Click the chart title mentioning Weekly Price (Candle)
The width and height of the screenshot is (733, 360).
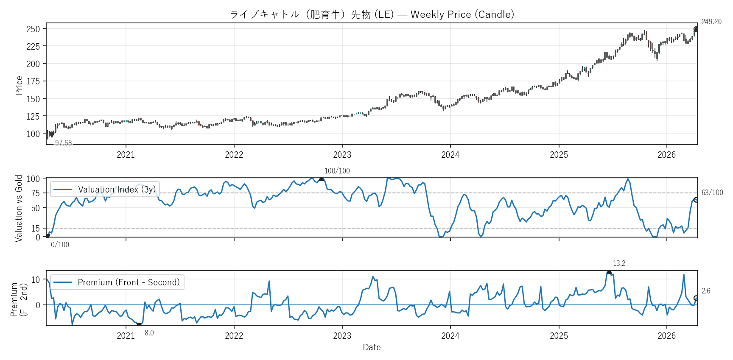point(372,14)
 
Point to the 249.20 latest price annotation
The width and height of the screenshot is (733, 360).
point(711,22)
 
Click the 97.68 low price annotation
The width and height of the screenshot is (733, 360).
point(63,143)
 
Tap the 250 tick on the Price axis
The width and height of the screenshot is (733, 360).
point(33,29)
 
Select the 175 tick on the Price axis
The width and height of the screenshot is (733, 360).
point(33,81)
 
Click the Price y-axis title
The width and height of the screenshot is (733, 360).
point(19,85)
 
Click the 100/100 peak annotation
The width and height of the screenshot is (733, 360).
point(337,171)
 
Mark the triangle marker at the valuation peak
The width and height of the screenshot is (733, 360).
point(322,179)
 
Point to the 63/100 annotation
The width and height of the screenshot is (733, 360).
point(712,193)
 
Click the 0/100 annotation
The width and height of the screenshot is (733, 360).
point(60,245)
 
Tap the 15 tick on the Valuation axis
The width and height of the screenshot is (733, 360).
point(35,229)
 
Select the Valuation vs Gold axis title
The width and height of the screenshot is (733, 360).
point(19,208)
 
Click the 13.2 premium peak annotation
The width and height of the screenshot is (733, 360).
point(619,263)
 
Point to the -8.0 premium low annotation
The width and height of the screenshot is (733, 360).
point(148,333)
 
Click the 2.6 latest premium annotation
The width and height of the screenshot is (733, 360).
point(706,291)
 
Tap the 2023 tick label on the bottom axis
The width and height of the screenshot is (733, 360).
point(342,336)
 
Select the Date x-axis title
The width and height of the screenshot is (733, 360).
point(372,347)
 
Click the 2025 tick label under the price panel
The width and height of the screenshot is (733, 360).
point(559,155)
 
